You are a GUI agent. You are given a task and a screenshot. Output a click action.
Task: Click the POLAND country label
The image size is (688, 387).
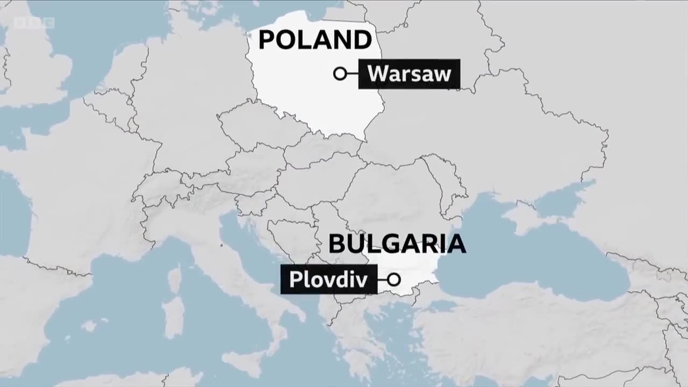[x=315, y=40]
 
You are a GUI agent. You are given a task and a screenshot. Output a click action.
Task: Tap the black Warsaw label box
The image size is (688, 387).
[x=409, y=74]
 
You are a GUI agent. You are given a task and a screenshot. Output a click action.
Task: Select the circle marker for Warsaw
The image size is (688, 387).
[x=340, y=74]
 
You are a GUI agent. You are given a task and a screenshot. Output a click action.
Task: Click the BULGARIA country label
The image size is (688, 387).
[x=397, y=243]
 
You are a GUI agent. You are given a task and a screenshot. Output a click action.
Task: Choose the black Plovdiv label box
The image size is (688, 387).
[x=328, y=279]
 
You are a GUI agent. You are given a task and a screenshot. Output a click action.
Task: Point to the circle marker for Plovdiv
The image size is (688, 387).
[x=394, y=279]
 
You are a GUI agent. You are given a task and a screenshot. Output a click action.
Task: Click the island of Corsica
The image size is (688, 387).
[x=174, y=279]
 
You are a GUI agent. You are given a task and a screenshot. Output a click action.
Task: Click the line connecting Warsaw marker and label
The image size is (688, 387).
[x=353, y=74]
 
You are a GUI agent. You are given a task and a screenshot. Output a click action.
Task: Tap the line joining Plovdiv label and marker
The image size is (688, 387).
[x=382, y=279]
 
